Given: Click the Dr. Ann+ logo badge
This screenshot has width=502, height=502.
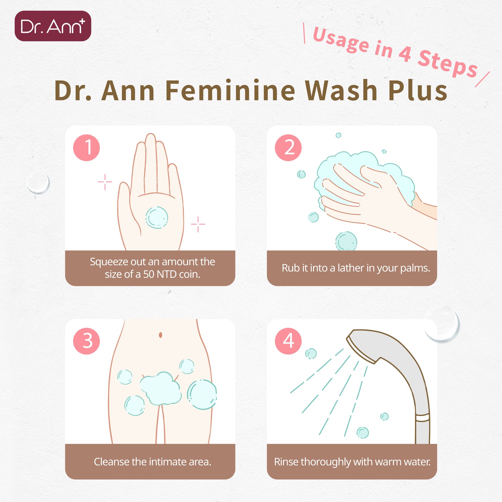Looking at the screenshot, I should (53, 26).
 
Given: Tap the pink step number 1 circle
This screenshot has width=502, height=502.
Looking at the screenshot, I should (86, 148).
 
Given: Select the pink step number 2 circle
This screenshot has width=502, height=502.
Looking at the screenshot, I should (288, 148).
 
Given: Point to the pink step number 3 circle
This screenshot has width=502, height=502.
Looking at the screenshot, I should (86, 341).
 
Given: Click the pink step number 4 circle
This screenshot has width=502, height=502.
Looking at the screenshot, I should (288, 341).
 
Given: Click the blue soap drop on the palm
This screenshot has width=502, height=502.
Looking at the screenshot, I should (157, 218).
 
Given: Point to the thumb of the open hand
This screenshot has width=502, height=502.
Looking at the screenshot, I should (125, 204).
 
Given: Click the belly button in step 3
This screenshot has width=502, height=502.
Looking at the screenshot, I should (160, 335).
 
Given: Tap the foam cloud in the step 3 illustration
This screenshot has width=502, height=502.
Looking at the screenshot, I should (160, 388).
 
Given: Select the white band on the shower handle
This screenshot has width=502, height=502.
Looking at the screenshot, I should (422, 418).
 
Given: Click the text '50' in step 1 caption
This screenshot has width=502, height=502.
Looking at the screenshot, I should (149, 274).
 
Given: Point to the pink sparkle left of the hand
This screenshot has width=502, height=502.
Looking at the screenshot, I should (105, 182).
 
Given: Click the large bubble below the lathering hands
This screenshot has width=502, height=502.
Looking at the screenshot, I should (346, 241).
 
